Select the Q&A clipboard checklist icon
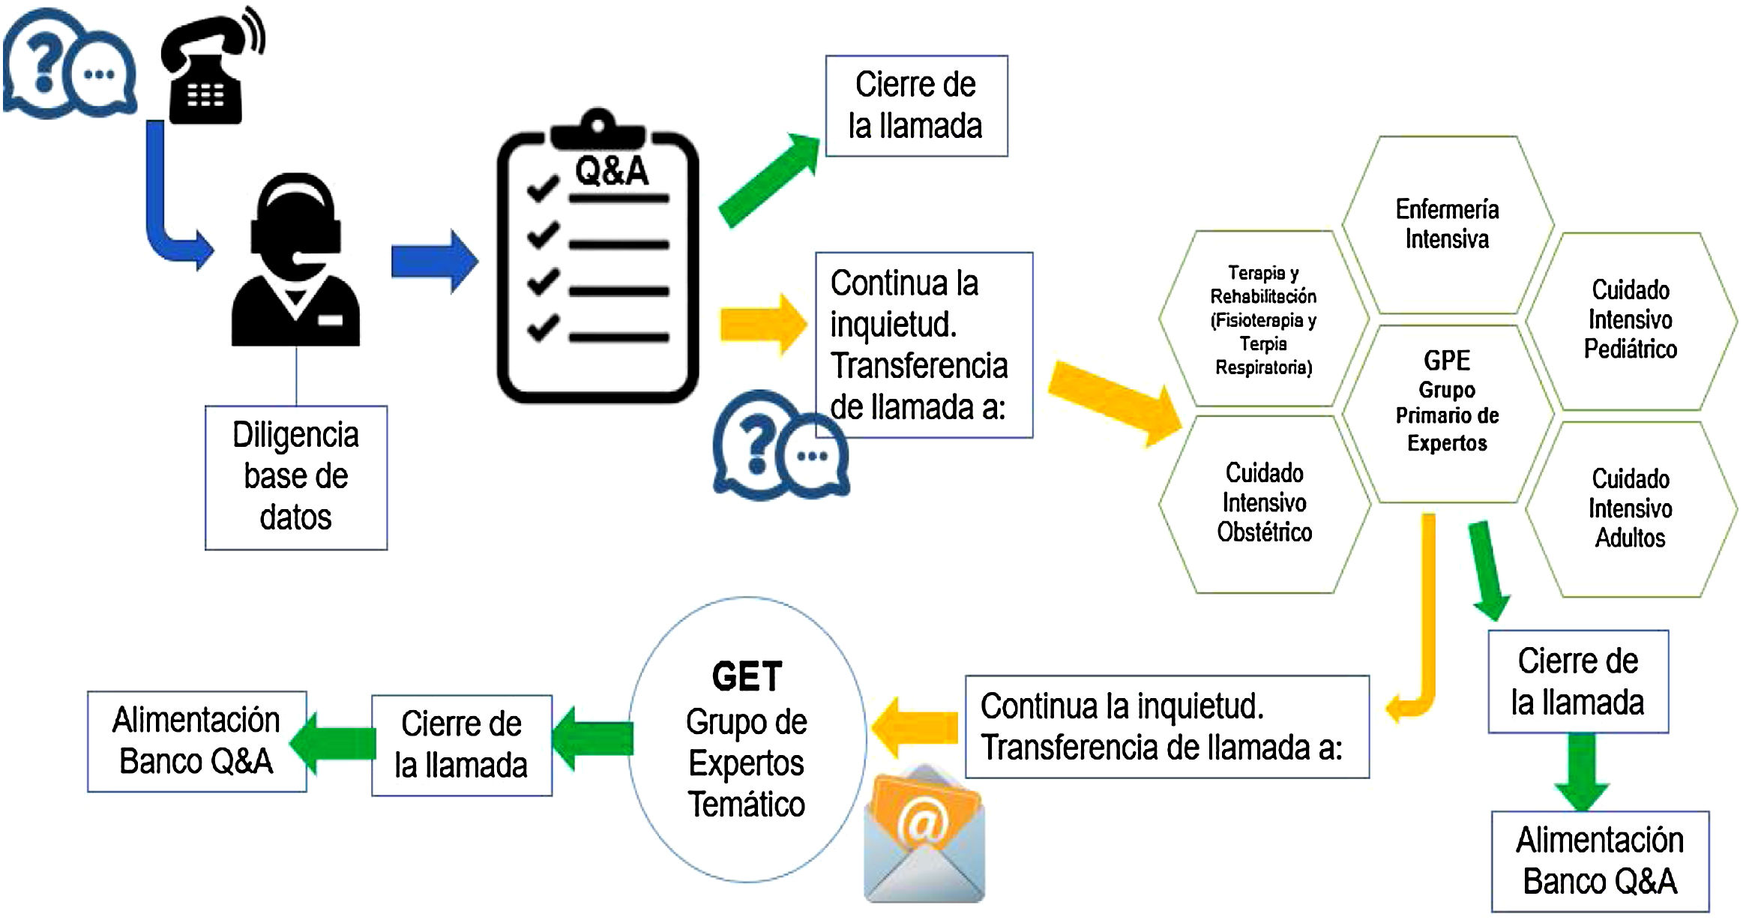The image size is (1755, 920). pyautogui.click(x=597, y=259)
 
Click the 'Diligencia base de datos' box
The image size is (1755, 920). pyautogui.click(x=296, y=478)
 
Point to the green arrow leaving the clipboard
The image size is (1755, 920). pyautogui.click(x=768, y=180)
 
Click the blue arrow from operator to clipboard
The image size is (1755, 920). pyautogui.click(x=434, y=261)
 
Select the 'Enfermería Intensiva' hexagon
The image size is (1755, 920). pyautogui.click(x=1447, y=224)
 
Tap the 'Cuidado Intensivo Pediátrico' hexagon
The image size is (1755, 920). pyautogui.click(x=1631, y=320)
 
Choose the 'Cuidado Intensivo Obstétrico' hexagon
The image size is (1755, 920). pyautogui.click(x=1264, y=503)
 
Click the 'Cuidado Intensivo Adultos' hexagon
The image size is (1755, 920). pyautogui.click(x=1631, y=509)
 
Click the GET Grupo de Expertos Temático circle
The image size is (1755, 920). pyautogui.click(x=747, y=739)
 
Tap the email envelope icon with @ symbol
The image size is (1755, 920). pyautogui.click(x=924, y=836)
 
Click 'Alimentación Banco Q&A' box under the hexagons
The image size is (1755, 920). pyautogui.click(x=1600, y=862)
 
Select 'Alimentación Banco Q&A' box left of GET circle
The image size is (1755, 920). pyautogui.click(x=196, y=741)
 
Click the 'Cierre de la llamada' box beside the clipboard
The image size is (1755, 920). pyautogui.click(x=916, y=106)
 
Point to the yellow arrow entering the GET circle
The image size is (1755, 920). pyautogui.click(x=916, y=727)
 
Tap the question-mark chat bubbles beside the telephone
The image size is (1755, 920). pyautogui.click(x=70, y=65)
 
